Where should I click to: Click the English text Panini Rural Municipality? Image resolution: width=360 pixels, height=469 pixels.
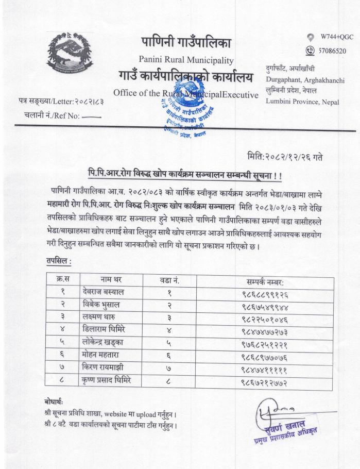pyautogui.click(x=185, y=60)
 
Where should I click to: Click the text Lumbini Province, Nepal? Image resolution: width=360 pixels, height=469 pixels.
pyautogui.click(x=302, y=101)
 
